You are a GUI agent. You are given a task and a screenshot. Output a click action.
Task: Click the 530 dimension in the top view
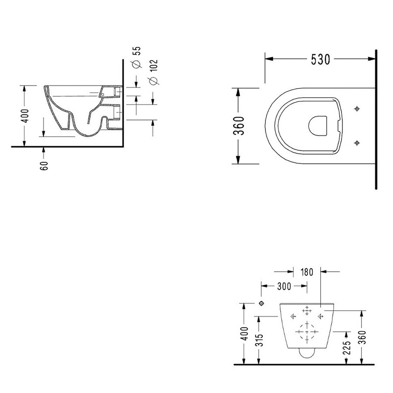(321, 60)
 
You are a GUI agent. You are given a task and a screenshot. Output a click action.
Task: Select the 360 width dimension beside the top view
(239, 126)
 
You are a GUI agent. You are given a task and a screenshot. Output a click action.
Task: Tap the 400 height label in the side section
(25, 116)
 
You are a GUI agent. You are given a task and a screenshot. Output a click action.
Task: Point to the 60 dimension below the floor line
(44, 165)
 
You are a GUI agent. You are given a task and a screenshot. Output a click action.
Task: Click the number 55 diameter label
(138, 51)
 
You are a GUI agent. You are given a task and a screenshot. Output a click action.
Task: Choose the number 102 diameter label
(153, 65)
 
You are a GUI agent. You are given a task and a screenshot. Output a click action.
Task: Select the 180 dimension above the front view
(307, 272)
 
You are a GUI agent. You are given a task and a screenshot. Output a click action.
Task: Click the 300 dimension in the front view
(284, 286)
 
